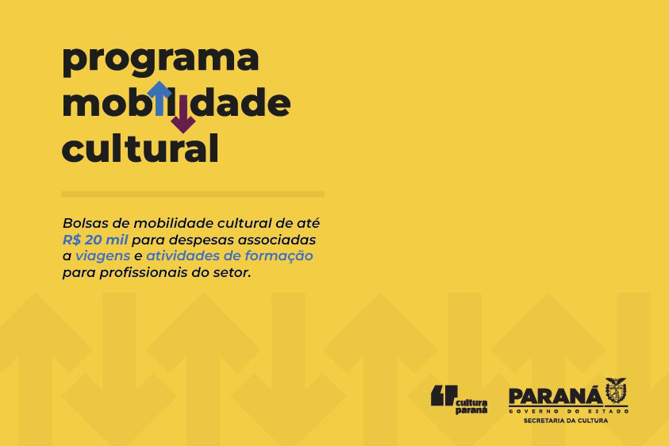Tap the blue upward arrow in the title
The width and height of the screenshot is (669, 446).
(x=160, y=98)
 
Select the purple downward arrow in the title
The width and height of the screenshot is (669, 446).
(x=183, y=114)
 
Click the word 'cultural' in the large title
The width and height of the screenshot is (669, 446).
(x=140, y=148)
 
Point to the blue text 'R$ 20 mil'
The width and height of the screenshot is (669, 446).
(x=95, y=240)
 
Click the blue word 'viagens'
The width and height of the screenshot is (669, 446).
(x=103, y=256)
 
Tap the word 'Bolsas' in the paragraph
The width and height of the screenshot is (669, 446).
(x=83, y=223)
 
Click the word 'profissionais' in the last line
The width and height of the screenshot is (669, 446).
(x=144, y=272)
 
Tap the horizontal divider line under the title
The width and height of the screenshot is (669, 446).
(x=193, y=194)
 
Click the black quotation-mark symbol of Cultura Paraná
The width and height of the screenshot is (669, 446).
(x=444, y=395)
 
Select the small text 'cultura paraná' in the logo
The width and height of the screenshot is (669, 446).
(x=471, y=406)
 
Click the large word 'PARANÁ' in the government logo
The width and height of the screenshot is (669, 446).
(x=556, y=397)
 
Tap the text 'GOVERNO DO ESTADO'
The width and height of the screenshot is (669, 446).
(x=569, y=411)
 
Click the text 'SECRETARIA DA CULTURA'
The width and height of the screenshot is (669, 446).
(x=566, y=421)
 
